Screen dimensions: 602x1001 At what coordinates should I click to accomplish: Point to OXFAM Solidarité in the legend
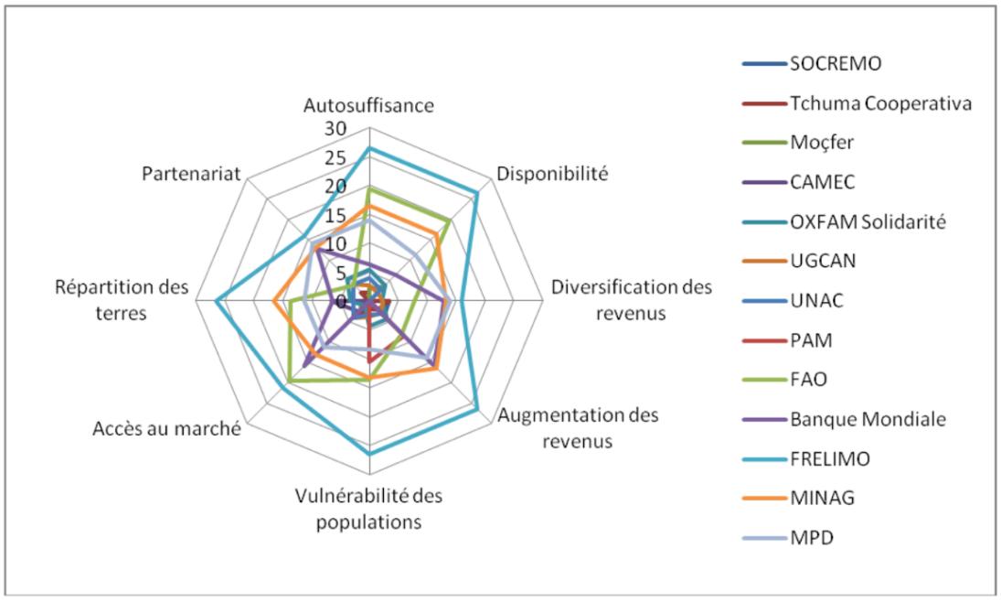[x=868, y=221]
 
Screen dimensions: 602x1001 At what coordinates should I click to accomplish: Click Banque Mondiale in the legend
[x=868, y=419]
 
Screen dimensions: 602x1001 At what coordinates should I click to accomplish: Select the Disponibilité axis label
[x=551, y=174]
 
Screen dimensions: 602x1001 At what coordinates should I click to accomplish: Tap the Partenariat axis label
[x=191, y=174]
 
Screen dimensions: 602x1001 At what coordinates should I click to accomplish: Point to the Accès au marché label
[x=166, y=427]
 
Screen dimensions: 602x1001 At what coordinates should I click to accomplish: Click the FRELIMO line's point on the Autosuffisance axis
[x=368, y=148]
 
